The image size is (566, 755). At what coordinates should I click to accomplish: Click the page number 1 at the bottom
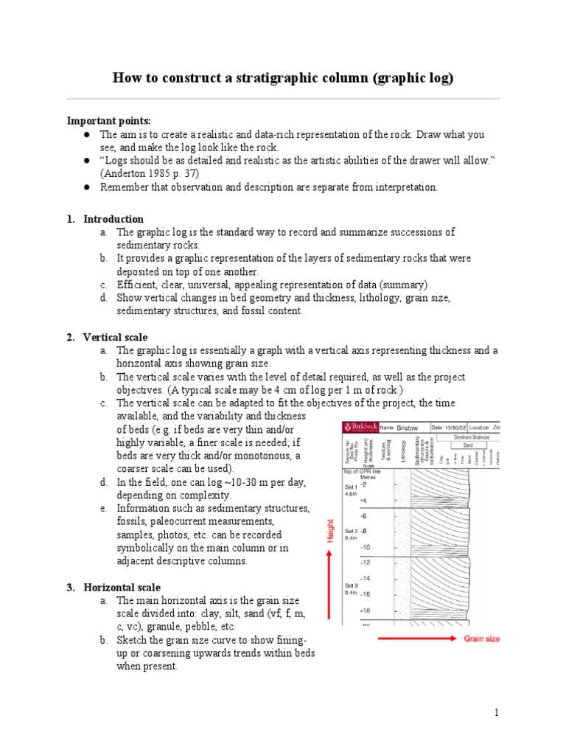point(497,712)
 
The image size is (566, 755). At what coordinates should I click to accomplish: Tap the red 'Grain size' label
point(481,639)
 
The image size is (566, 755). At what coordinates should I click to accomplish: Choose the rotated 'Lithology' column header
point(403,451)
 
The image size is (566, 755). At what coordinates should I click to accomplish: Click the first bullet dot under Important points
point(86,135)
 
